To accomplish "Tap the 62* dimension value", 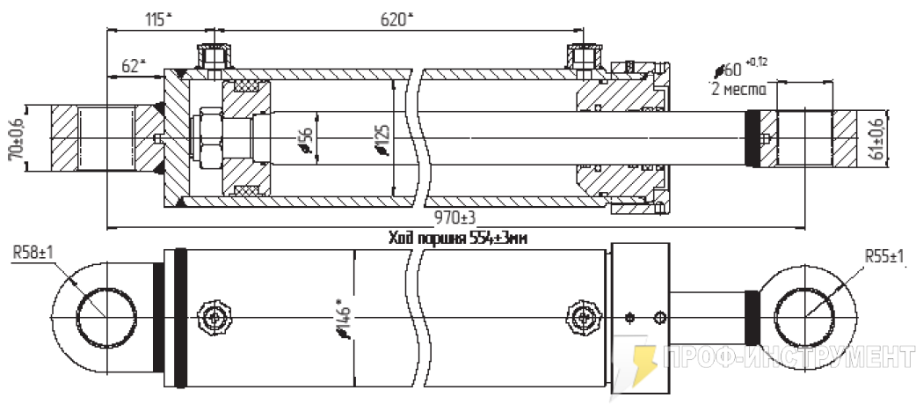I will point(133,65).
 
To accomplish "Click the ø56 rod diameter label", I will point(305,140).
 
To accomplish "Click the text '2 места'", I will point(738,90).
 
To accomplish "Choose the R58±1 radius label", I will point(33,252).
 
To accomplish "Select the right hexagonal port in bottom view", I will point(582,316).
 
